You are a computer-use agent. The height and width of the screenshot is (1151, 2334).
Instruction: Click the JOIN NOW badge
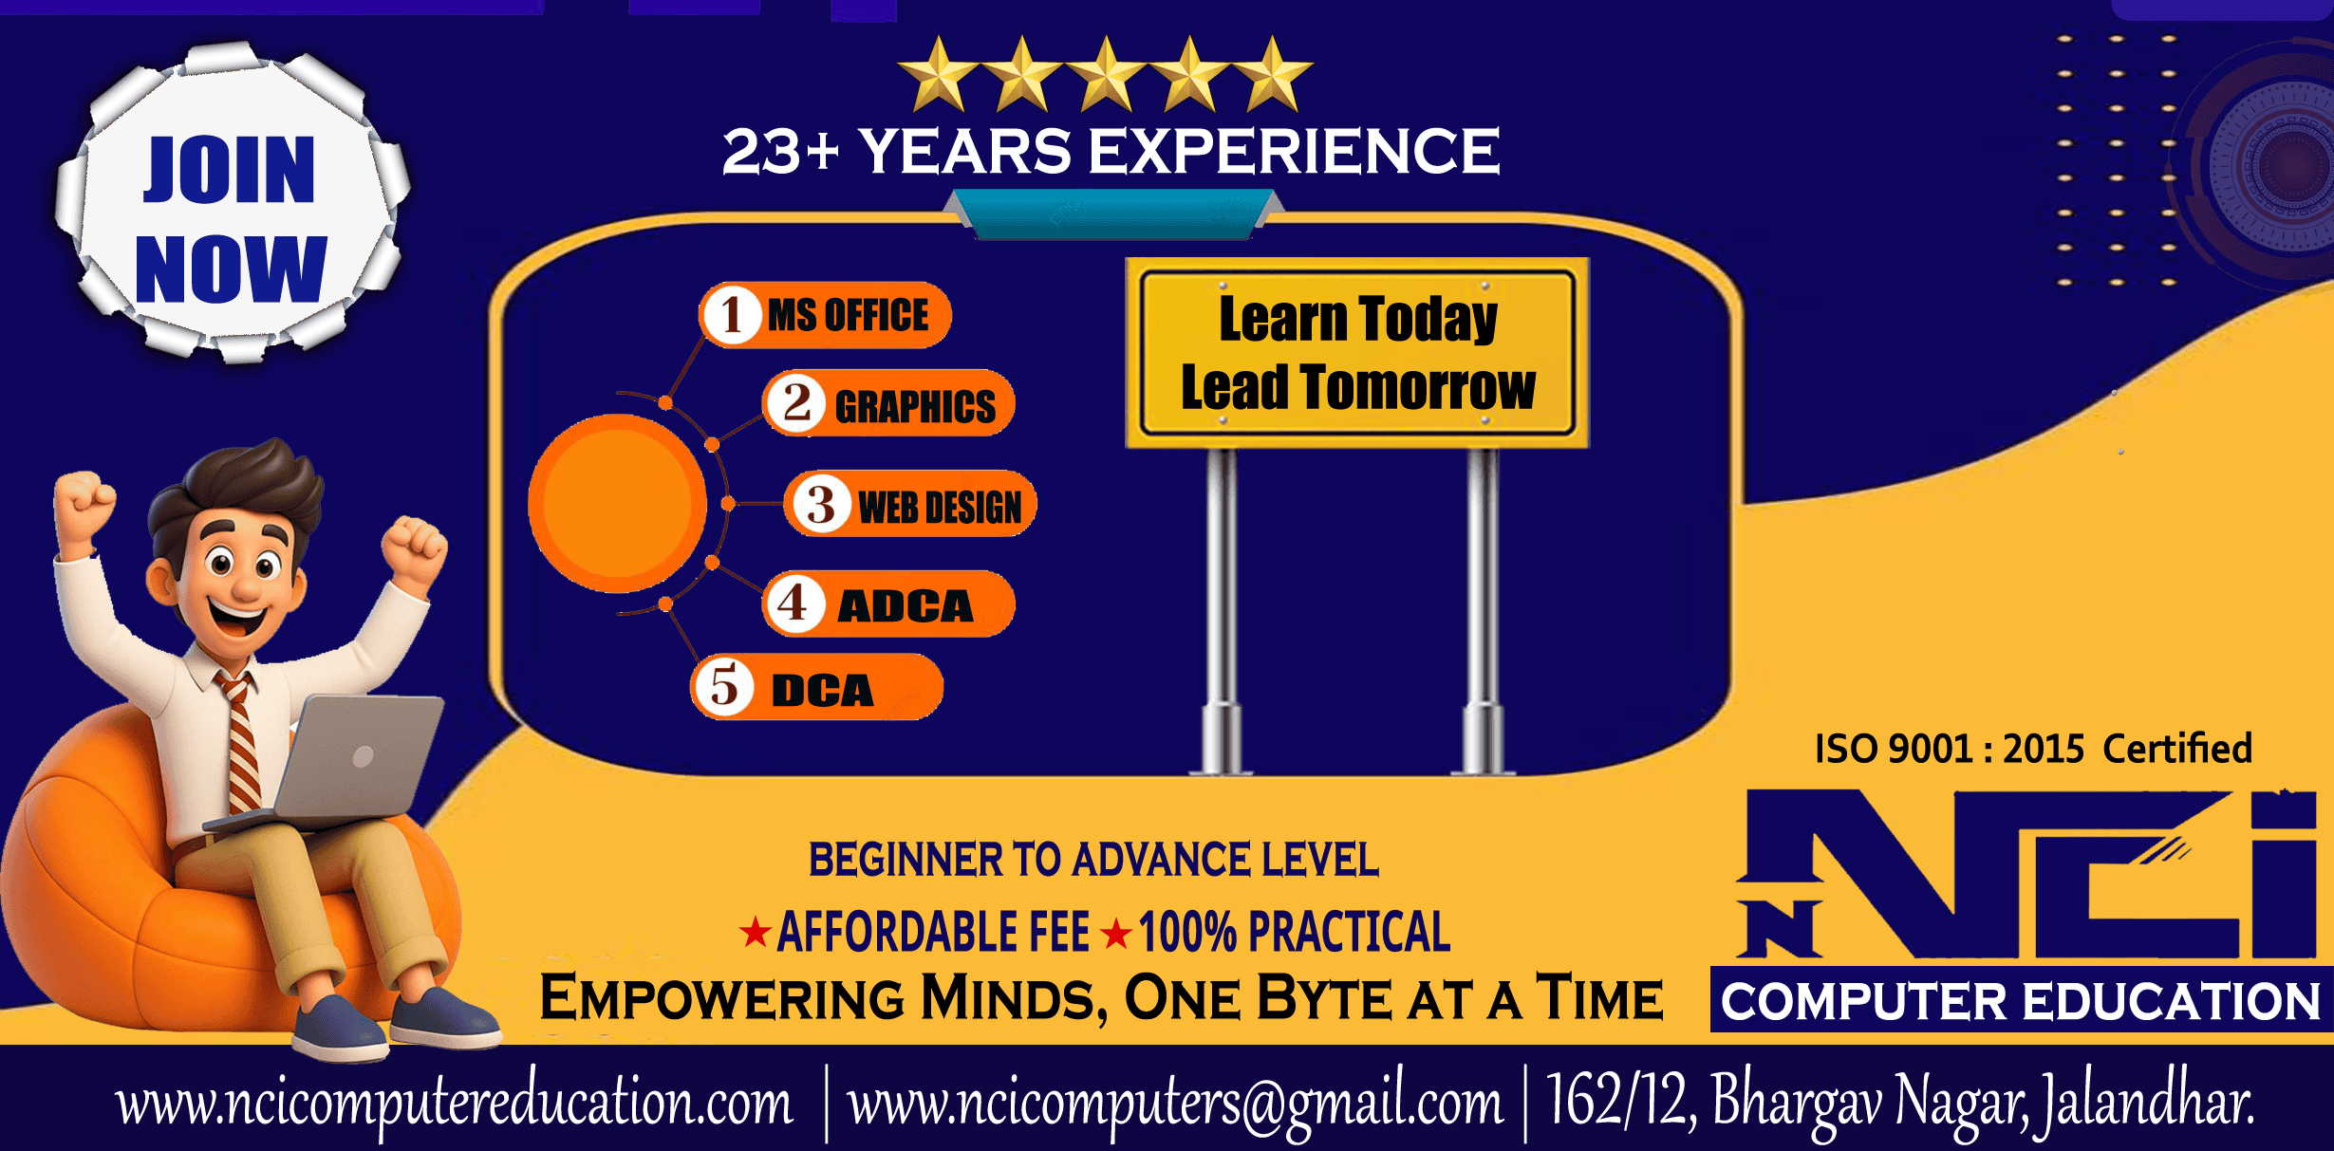click(231, 201)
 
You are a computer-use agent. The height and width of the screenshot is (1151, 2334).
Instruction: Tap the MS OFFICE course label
click(825, 315)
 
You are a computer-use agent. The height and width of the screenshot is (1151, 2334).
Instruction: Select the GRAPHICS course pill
click(888, 403)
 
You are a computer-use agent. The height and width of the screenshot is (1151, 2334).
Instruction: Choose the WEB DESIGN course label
click(910, 504)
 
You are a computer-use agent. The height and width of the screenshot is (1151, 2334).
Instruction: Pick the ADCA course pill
click(888, 603)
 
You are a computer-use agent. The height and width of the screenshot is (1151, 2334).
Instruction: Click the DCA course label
click(817, 687)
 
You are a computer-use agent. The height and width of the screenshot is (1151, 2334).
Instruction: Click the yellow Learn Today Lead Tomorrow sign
click(1357, 353)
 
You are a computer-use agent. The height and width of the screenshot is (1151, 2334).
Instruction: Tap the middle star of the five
click(1106, 74)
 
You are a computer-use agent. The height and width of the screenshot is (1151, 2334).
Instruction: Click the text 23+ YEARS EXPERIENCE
click(1111, 152)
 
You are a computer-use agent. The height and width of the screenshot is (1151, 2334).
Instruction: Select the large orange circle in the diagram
click(618, 504)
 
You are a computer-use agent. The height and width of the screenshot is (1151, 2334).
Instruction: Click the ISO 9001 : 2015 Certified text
click(2033, 749)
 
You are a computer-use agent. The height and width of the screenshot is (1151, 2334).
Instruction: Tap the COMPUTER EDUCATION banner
click(2022, 1000)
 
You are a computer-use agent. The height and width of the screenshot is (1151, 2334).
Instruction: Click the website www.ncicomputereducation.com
click(454, 1104)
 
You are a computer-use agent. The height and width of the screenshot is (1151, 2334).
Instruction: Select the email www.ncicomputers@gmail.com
click(1176, 1104)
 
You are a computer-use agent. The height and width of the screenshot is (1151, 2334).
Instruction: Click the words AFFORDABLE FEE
click(933, 932)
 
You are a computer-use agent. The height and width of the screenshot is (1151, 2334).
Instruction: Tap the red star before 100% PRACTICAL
click(1116, 934)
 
